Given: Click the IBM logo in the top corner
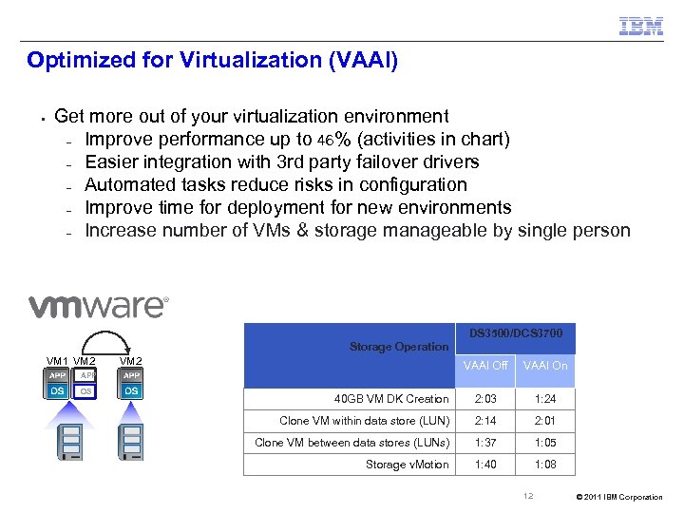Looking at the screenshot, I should coord(641,26).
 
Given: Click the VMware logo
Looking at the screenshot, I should coord(98,306).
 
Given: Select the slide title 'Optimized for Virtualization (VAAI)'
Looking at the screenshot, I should coord(212,61).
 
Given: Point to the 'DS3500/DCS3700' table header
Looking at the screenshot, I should coord(516,333).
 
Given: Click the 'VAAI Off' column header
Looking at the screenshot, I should coord(485,366).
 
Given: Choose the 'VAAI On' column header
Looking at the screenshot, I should coord(545,366).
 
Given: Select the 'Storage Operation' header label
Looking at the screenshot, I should coord(398,347).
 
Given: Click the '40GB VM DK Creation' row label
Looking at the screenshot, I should coord(391,399).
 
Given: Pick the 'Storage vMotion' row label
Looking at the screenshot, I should coord(407,465).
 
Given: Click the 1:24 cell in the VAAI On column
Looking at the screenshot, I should coord(545,399).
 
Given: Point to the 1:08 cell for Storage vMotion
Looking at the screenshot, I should coord(545,465).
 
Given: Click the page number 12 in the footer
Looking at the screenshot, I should coord(529,496).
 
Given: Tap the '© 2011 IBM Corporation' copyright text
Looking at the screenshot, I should coord(619,497).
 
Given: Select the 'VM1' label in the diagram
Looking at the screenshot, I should coord(57,361).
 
